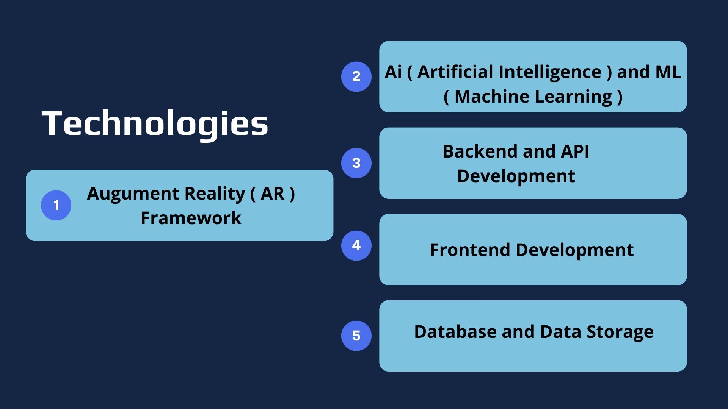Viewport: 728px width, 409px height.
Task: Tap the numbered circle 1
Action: click(56, 205)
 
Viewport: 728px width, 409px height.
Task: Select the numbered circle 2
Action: click(356, 76)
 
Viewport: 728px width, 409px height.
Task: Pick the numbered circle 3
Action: click(356, 163)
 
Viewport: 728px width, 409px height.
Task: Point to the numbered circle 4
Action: click(356, 245)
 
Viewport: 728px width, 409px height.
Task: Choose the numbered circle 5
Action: click(356, 336)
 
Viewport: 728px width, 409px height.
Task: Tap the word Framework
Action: click(191, 218)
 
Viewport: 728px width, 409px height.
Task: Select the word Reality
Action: click(215, 195)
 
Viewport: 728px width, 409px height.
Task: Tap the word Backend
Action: click(480, 152)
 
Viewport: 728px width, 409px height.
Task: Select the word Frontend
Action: click(470, 250)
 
